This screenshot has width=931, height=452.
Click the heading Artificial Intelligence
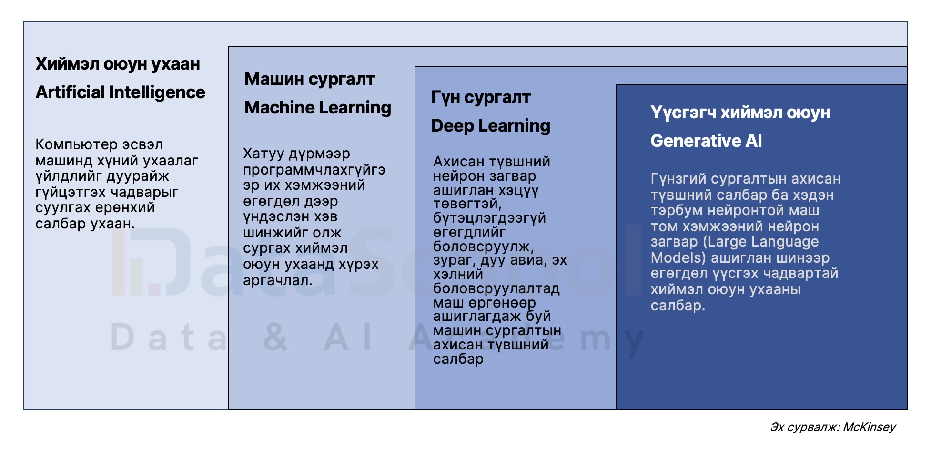click(x=120, y=92)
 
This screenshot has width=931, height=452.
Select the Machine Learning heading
click(x=317, y=108)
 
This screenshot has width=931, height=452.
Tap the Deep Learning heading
click(x=490, y=126)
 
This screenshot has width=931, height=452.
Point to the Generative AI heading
click(x=706, y=141)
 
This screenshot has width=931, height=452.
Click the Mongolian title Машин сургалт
click(x=309, y=79)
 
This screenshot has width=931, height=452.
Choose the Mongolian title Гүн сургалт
click(x=480, y=97)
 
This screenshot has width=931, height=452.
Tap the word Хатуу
click(x=263, y=154)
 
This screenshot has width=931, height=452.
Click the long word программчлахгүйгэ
click(x=314, y=170)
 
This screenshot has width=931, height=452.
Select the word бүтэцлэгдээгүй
click(x=489, y=218)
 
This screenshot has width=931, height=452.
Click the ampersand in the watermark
click(x=275, y=337)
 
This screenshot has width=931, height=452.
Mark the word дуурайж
click(x=138, y=176)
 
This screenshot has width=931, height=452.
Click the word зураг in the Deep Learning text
click(x=454, y=260)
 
